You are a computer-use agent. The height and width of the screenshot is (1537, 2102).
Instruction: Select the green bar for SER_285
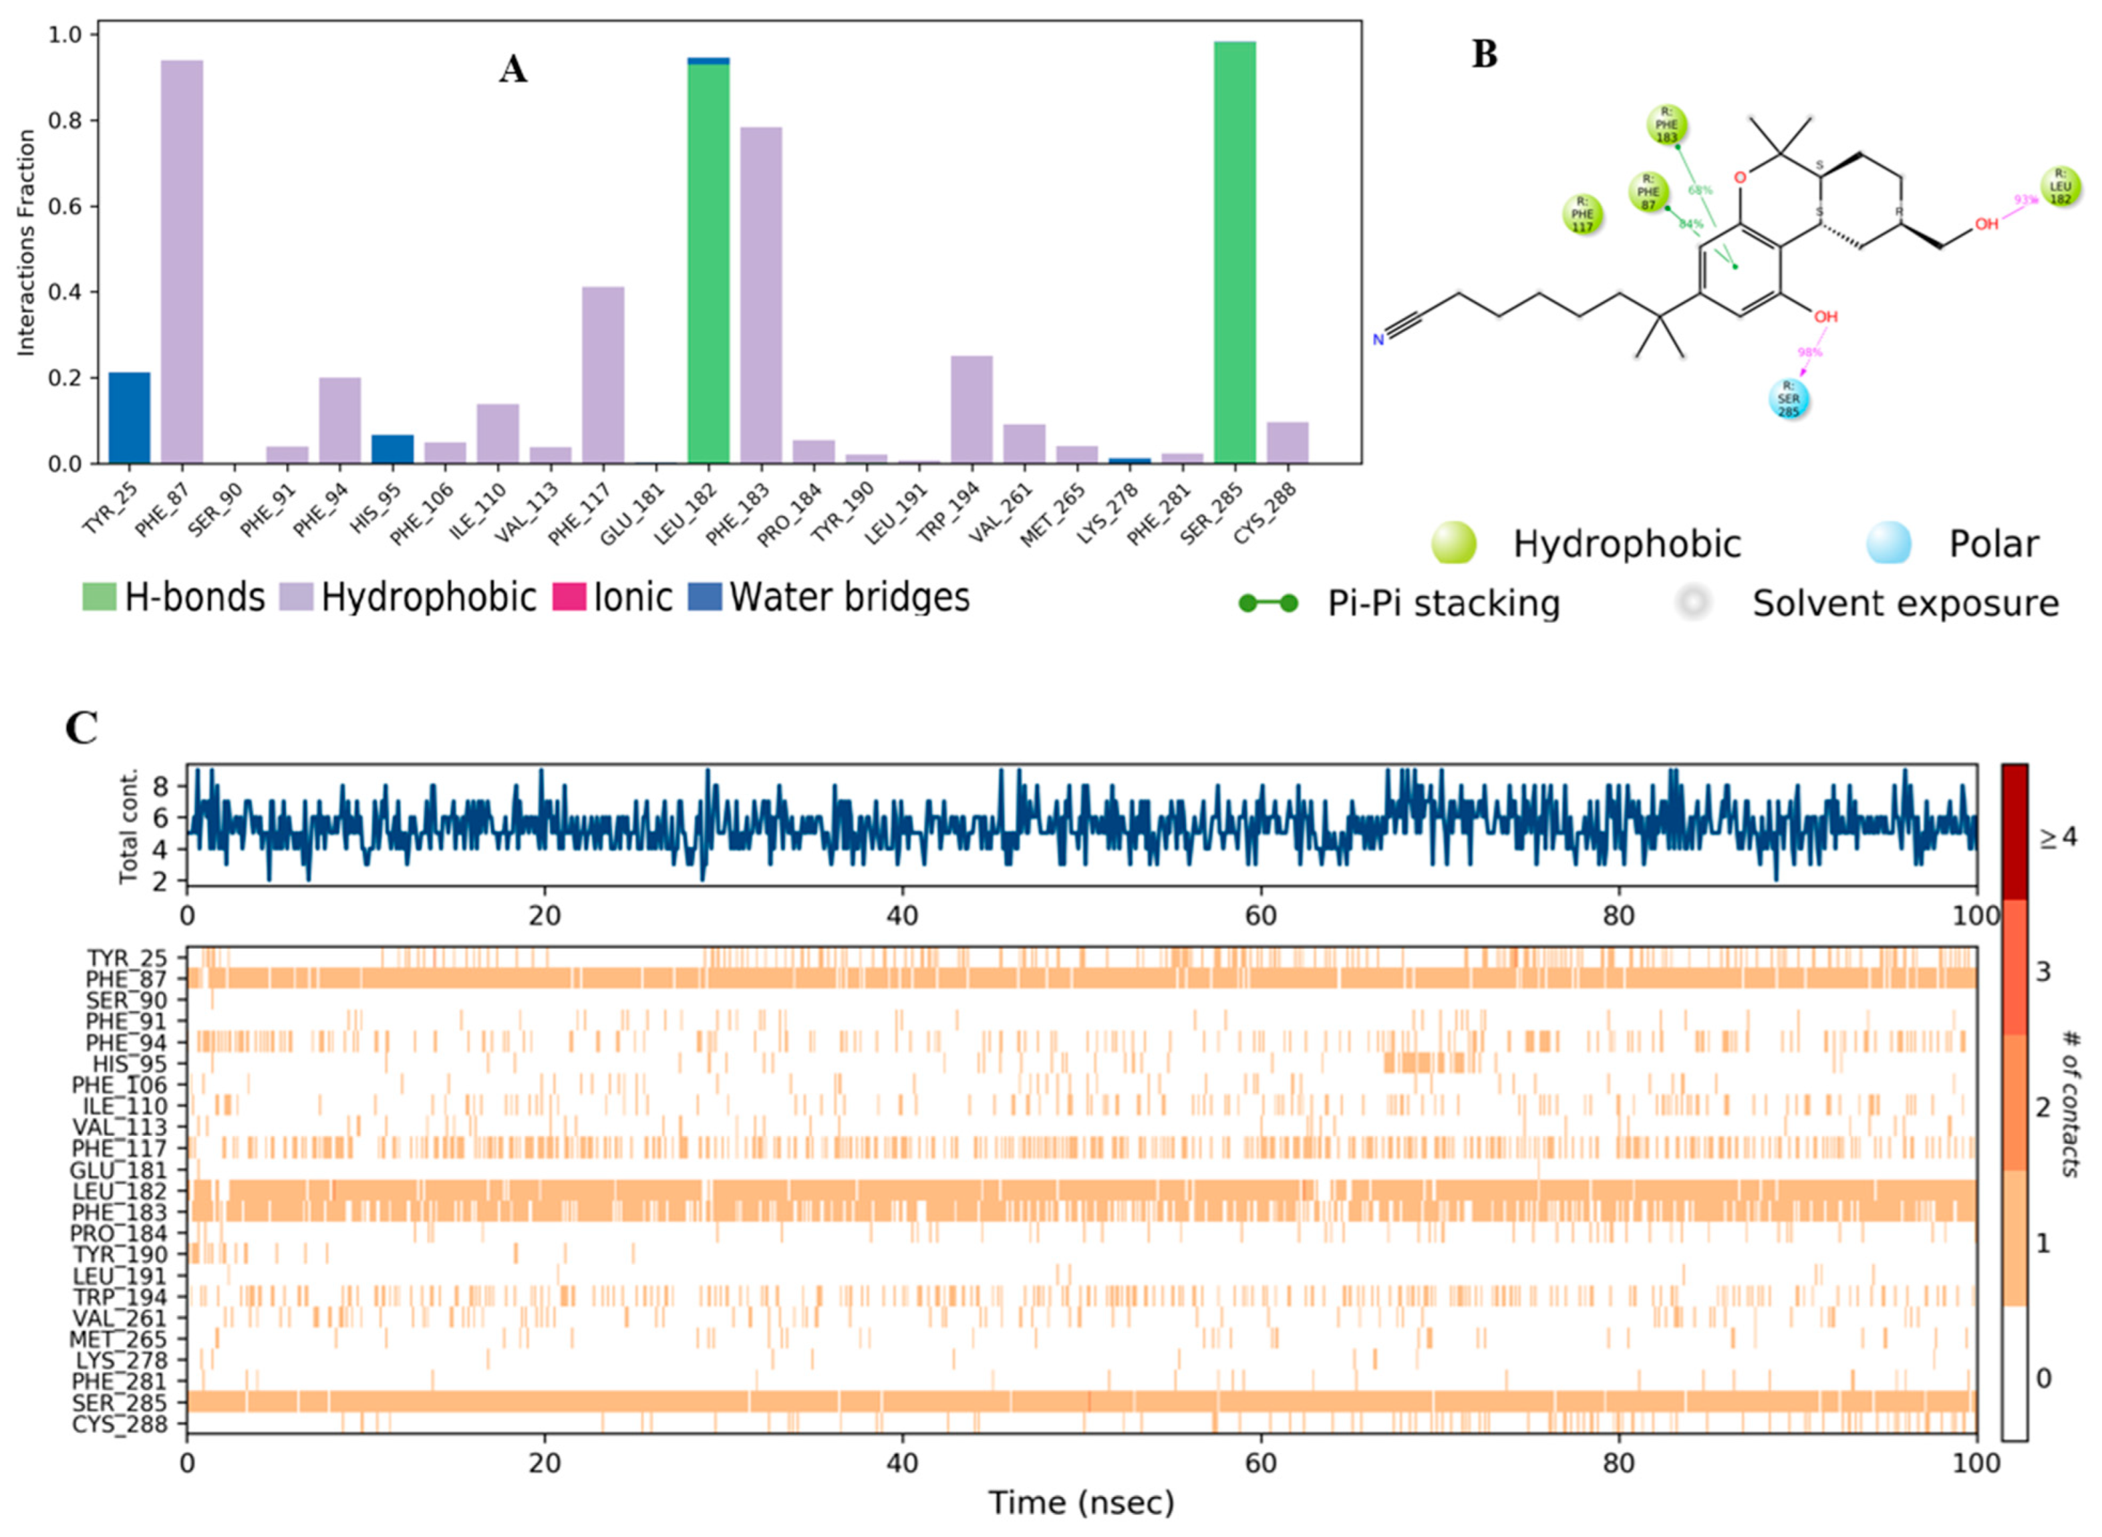1234,251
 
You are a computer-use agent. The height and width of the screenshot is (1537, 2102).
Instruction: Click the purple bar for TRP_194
971,410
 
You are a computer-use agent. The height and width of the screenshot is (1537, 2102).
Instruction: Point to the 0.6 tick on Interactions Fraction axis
67,206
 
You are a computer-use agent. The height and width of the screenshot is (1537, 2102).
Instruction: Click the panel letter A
512,69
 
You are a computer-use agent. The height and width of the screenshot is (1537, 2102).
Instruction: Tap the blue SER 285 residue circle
1789,399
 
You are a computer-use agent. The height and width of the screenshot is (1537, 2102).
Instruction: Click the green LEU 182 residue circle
2060,186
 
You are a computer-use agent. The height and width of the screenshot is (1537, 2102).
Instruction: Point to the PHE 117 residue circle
1582,214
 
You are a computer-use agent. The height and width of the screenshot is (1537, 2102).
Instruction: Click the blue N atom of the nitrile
1378,339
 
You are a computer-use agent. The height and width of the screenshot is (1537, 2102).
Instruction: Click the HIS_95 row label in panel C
129,1063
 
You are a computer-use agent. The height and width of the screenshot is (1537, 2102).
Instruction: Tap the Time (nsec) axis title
1081,1502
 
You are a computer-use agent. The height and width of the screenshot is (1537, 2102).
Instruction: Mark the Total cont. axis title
128,825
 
